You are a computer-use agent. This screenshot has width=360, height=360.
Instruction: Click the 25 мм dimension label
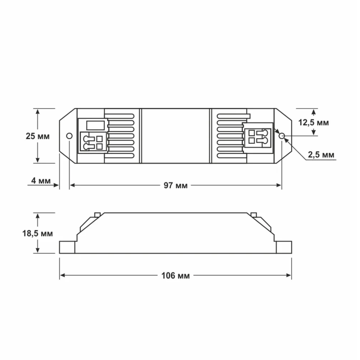[x=37, y=136]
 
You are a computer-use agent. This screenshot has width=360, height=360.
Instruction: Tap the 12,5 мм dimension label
[x=314, y=123]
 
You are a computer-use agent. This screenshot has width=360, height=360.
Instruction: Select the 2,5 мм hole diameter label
[x=321, y=155]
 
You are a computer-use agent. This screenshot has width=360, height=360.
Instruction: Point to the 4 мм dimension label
[x=41, y=181]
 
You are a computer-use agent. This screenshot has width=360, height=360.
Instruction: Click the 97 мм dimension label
[x=175, y=185]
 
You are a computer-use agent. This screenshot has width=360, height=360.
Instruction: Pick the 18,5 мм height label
[x=37, y=234]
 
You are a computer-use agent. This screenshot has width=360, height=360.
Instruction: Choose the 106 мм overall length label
[x=175, y=275]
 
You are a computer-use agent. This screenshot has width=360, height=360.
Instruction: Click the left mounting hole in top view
[x=69, y=136]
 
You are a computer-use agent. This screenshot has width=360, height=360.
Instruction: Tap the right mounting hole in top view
[x=282, y=136]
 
